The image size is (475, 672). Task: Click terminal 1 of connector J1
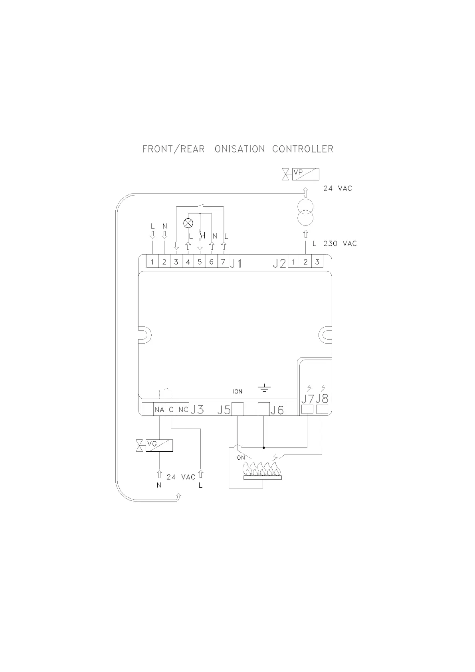click(x=152, y=262)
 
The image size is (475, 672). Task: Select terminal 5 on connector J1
click(x=200, y=262)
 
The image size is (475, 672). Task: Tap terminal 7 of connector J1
click(x=223, y=262)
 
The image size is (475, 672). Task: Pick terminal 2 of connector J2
click(x=305, y=262)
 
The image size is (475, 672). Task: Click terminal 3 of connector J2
click(x=317, y=262)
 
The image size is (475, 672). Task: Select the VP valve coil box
click(x=305, y=174)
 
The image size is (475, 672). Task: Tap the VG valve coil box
click(x=159, y=445)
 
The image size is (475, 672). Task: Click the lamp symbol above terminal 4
click(x=188, y=223)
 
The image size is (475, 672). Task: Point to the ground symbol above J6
click(x=264, y=388)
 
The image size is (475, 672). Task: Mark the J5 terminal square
click(x=238, y=409)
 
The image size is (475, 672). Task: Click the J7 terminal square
click(x=307, y=409)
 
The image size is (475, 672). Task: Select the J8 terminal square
click(x=322, y=409)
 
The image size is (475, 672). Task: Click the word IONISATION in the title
click(x=238, y=149)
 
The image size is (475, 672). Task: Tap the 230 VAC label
click(x=340, y=243)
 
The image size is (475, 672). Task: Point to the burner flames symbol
click(x=262, y=469)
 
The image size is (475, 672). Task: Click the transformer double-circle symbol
click(x=305, y=213)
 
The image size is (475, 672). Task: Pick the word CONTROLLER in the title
click(x=303, y=149)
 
